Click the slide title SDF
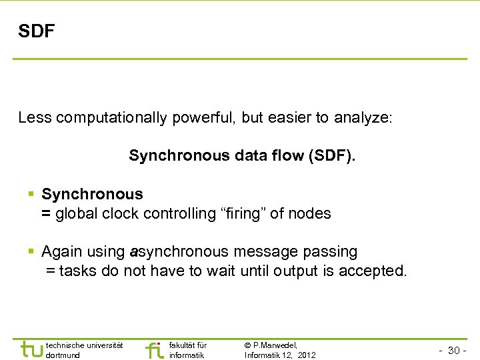tap(37, 31)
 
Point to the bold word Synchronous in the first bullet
tap(92, 195)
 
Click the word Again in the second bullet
tap(61, 252)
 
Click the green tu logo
tap(31, 349)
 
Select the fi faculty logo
tap(154, 349)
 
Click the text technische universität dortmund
tap(84, 350)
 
